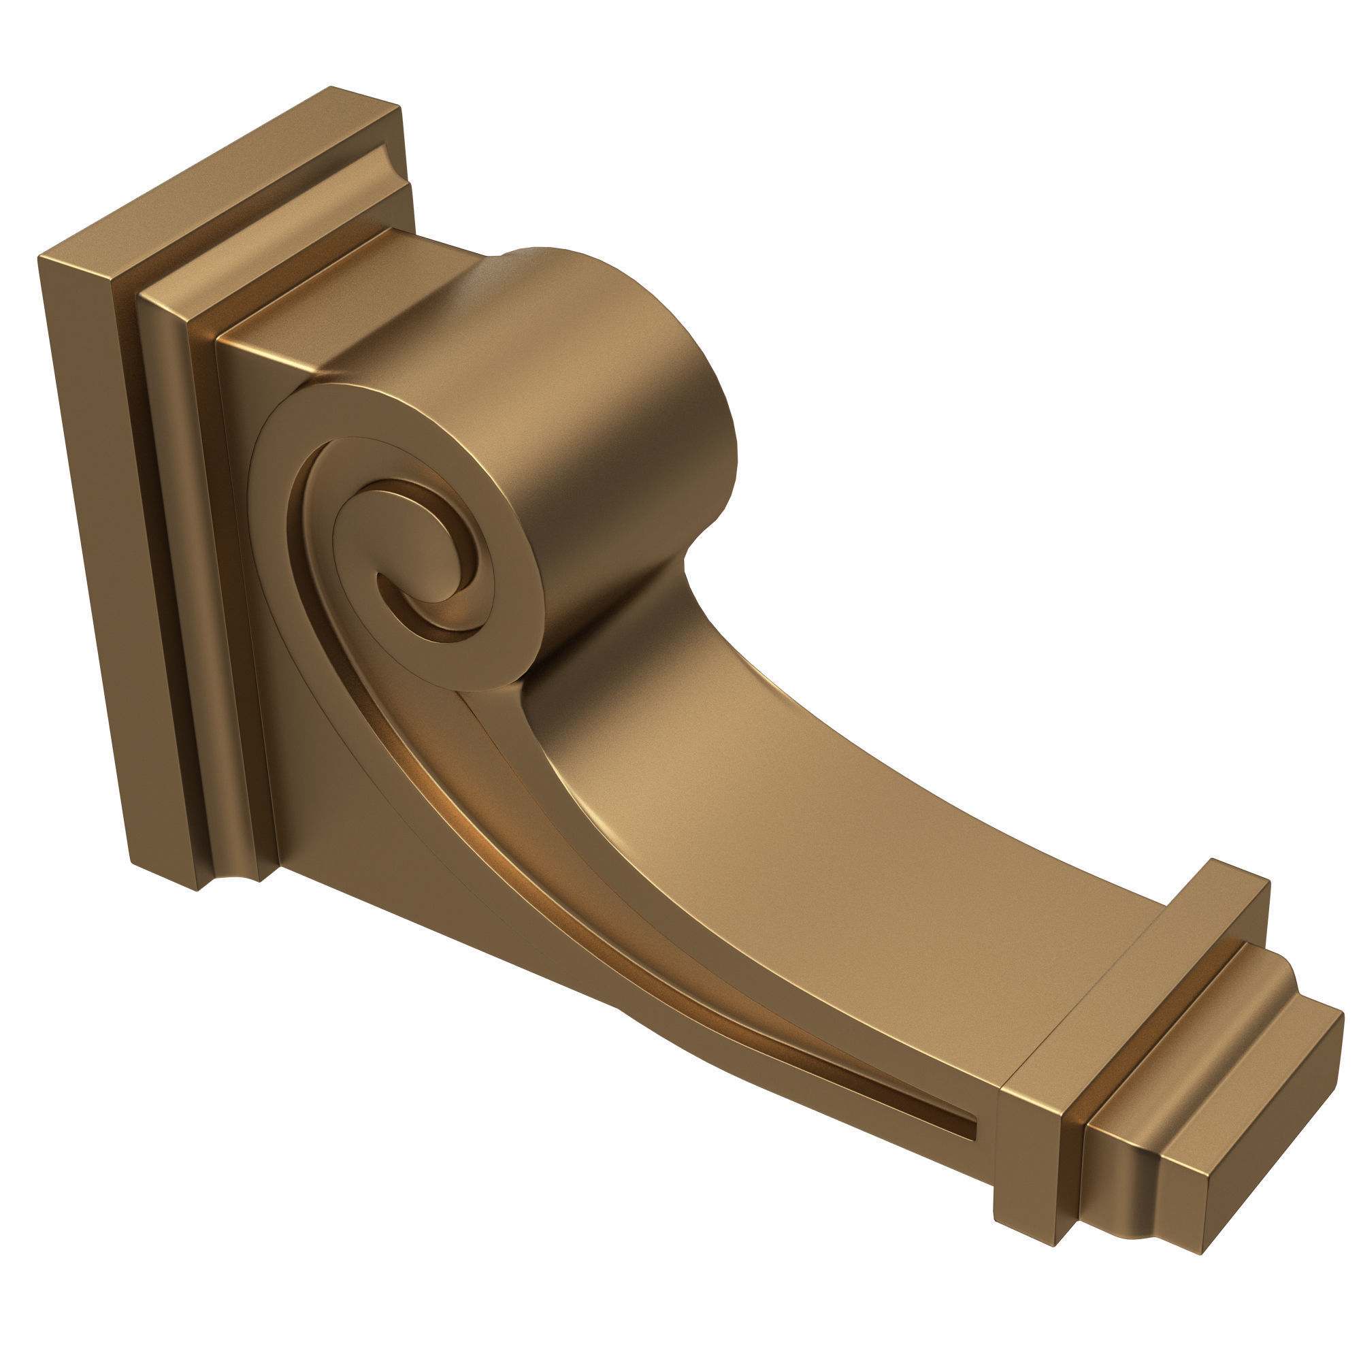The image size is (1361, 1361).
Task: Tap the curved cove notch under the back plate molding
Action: pos(233,881)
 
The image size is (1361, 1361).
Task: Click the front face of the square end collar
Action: pos(1028,1155)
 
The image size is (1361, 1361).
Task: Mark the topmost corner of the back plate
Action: pos(331,87)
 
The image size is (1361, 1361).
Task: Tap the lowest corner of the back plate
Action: pos(197,889)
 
